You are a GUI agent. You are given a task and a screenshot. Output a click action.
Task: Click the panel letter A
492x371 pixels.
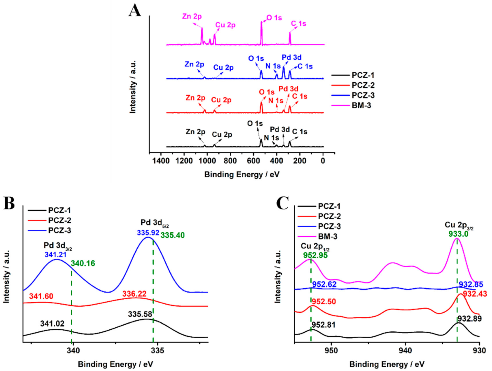click(135, 11)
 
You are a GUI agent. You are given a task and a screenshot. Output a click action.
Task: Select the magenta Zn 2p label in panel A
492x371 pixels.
click(192, 17)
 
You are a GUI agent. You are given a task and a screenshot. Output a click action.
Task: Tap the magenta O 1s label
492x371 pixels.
click(274, 18)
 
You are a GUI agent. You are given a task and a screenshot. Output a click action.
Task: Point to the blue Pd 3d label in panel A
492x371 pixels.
click(291, 57)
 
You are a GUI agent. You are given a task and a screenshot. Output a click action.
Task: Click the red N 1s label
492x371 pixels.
click(276, 101)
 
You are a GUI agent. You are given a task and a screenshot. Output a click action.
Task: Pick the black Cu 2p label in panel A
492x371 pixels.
click(222, 135)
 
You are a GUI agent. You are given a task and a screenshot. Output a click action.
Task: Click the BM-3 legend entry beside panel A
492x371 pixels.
click(361, 105)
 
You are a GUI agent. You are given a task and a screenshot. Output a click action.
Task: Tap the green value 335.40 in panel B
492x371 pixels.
click(173, 235)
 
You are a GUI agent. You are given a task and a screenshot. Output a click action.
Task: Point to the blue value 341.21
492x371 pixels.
click(55, 255)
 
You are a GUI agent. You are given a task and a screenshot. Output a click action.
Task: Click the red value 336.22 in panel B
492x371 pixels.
click(134, 294)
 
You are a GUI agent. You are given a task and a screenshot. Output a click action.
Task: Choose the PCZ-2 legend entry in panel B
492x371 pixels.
click(59, 221)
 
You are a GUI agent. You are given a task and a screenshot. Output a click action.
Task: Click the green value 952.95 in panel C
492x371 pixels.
click(315, 255)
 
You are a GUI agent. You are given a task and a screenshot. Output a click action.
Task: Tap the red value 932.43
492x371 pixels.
click(475, 294)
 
